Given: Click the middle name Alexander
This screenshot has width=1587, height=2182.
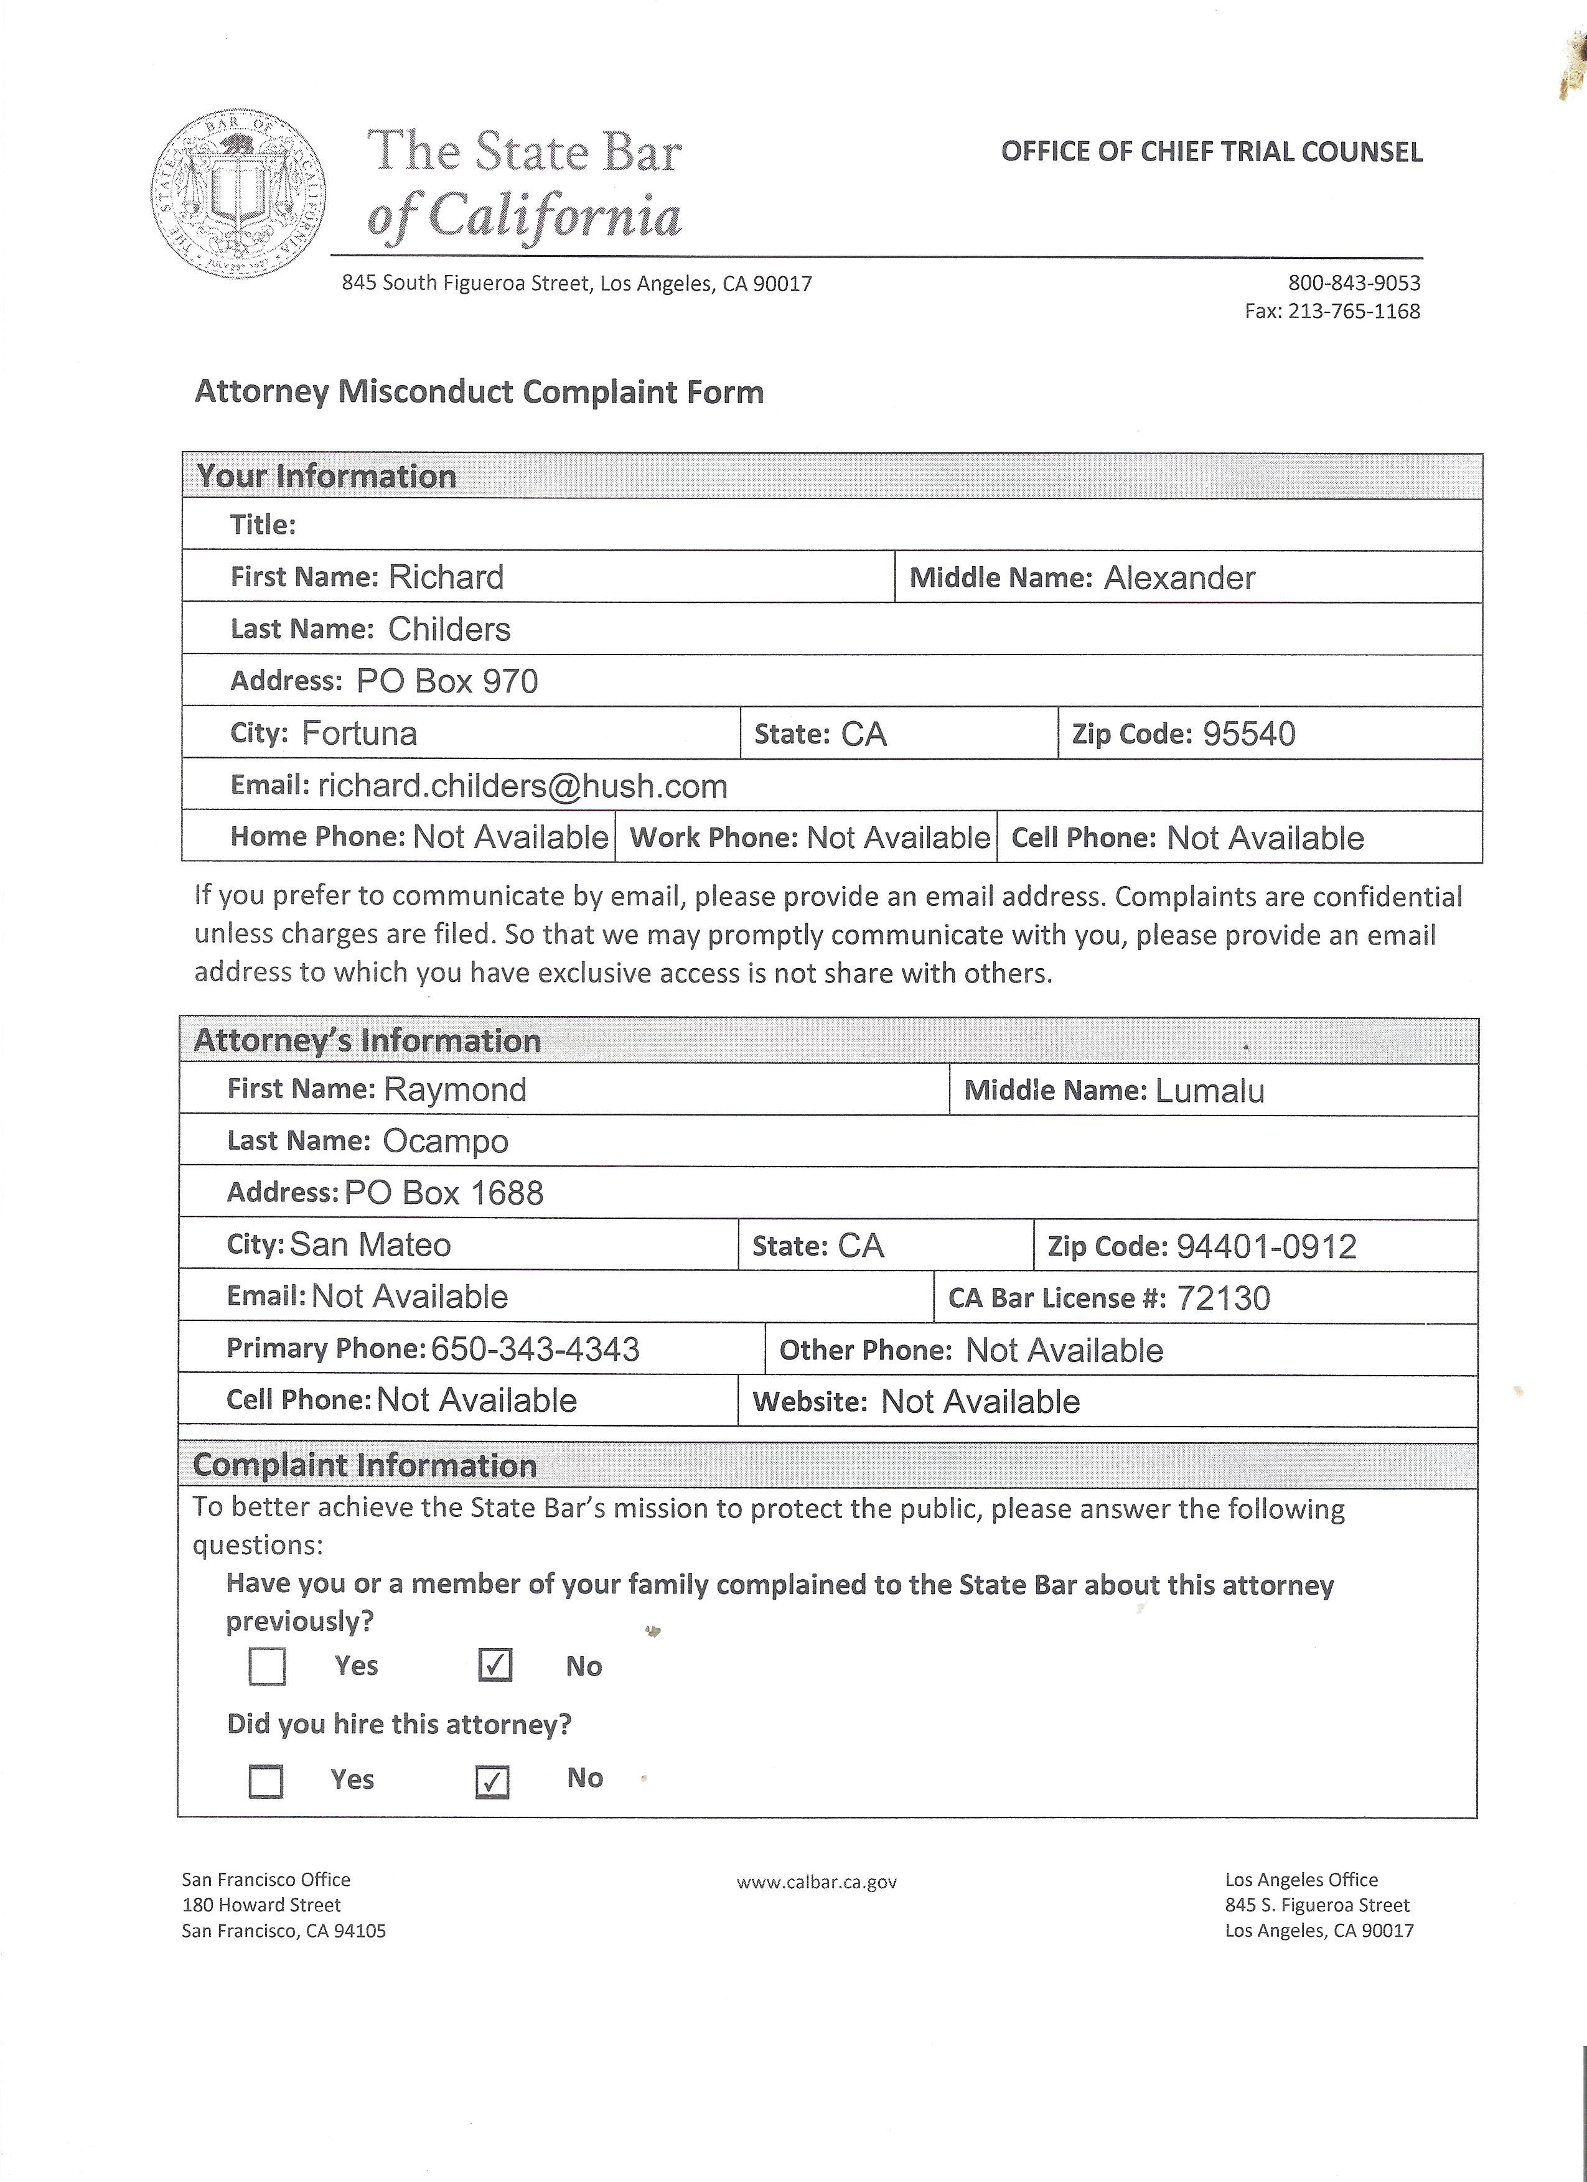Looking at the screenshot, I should tap(1179, 578).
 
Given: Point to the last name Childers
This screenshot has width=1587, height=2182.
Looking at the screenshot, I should tap(449, 629).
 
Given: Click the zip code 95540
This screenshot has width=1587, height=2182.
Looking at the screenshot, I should tap(1248, 734).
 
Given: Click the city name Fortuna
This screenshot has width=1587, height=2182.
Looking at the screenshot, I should tap(359, 733).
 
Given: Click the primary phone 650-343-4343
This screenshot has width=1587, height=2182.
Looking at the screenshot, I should tap(535, 1350).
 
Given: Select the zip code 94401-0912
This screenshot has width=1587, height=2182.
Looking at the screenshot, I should tap(1266, 1247).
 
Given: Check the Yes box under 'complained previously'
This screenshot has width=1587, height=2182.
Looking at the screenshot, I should tap(266, 1666).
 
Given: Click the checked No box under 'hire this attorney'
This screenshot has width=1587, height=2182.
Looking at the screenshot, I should tap(493, 1782).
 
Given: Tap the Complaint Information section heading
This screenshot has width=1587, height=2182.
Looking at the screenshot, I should tap(365, 1465).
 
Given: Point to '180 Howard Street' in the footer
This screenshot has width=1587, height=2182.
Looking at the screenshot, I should tap(261, 1905).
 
